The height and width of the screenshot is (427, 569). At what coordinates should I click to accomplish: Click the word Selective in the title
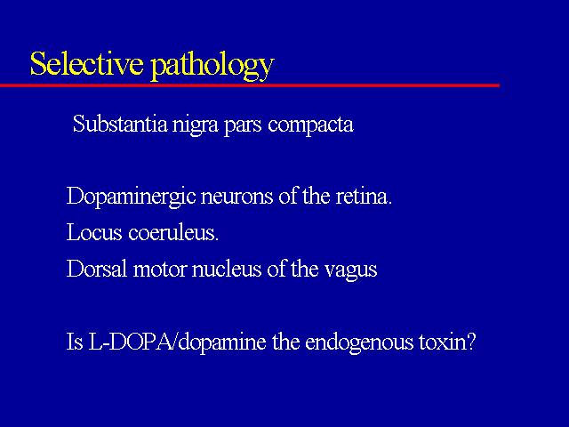click(x=87, y=63)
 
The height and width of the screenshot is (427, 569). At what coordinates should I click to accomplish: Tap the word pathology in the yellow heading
click(x=212, y=66)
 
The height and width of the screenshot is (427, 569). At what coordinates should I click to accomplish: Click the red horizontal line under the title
click(x=251, y=85)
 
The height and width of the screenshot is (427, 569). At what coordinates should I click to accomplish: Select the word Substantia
click(x=120, y=124)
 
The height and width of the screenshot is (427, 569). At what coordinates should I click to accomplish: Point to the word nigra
click(x=196, y=125)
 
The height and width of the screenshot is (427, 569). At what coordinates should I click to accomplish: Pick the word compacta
click(x=311, y=125)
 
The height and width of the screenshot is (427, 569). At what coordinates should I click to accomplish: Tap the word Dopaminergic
click(x=132, y=197)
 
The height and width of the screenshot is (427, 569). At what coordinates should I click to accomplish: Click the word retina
click(x=364, y=197)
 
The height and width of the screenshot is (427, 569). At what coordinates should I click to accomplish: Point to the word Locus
click(x=94, y=232)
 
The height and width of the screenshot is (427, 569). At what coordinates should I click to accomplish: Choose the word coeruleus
click(x=172, y=232)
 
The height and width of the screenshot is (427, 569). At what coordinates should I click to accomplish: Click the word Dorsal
click(x=97, y=269)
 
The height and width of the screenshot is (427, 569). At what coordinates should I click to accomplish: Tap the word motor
click(x=160, y=270)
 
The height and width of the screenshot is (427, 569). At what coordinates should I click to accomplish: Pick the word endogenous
click(x=359, y=343)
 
